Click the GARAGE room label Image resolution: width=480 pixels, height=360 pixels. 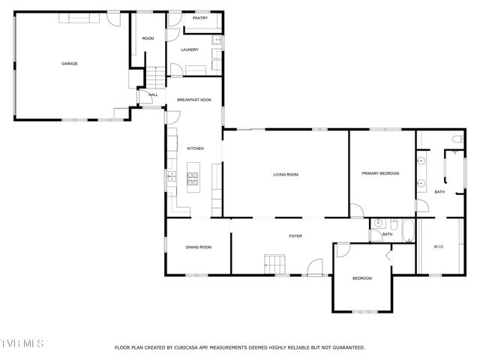pyautogui.click(x=69, y=64)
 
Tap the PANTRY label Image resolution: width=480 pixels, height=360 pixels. pyautogui.click(x=199, y=18)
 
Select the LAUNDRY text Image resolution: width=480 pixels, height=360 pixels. pyautogui.click(x=190, y=50)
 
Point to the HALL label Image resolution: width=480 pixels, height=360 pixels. pyautogui.click(x=153, y=95)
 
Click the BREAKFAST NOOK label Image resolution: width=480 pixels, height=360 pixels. pyautogui.click(x=194, y=100)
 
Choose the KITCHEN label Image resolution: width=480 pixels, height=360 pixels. pyautogui.click(x=195, y=148)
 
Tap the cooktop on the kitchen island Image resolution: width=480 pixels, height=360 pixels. pyautogui.click(x=193, y=178)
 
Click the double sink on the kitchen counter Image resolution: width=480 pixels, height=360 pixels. pyautogui.click(x=171, y=178)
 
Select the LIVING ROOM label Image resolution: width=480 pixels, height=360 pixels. pyautogui.click(x=285, y=175)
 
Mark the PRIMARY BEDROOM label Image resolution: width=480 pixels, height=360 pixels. pyautogui.click(x=380, y=173)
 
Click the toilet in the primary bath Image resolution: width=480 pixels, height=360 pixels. pyautogui.click(x=457, y=139)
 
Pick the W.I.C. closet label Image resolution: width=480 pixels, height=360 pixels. pyautogui.click(x=439, y=247)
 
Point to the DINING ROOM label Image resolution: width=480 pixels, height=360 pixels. pyautogui.click(x=199, y=247)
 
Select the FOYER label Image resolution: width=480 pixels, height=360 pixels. pyautogui.click(x=295, y=236)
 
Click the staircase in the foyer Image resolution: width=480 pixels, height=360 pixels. pyautogui.click(x=274, y=264)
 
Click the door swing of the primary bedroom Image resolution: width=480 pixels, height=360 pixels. pyautogui.click(x=357, y=211)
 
